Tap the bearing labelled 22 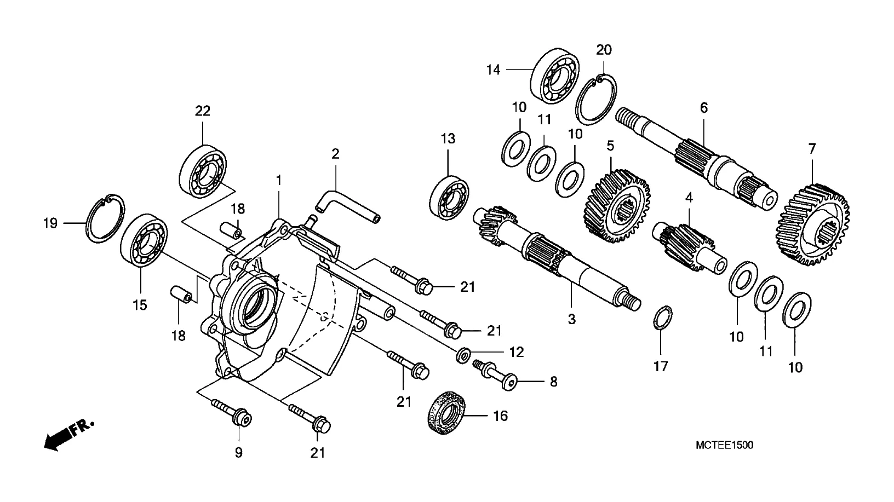[x=203, y=172]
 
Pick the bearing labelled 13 [x=449, y=198]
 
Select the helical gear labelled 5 [x=617, y=206]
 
